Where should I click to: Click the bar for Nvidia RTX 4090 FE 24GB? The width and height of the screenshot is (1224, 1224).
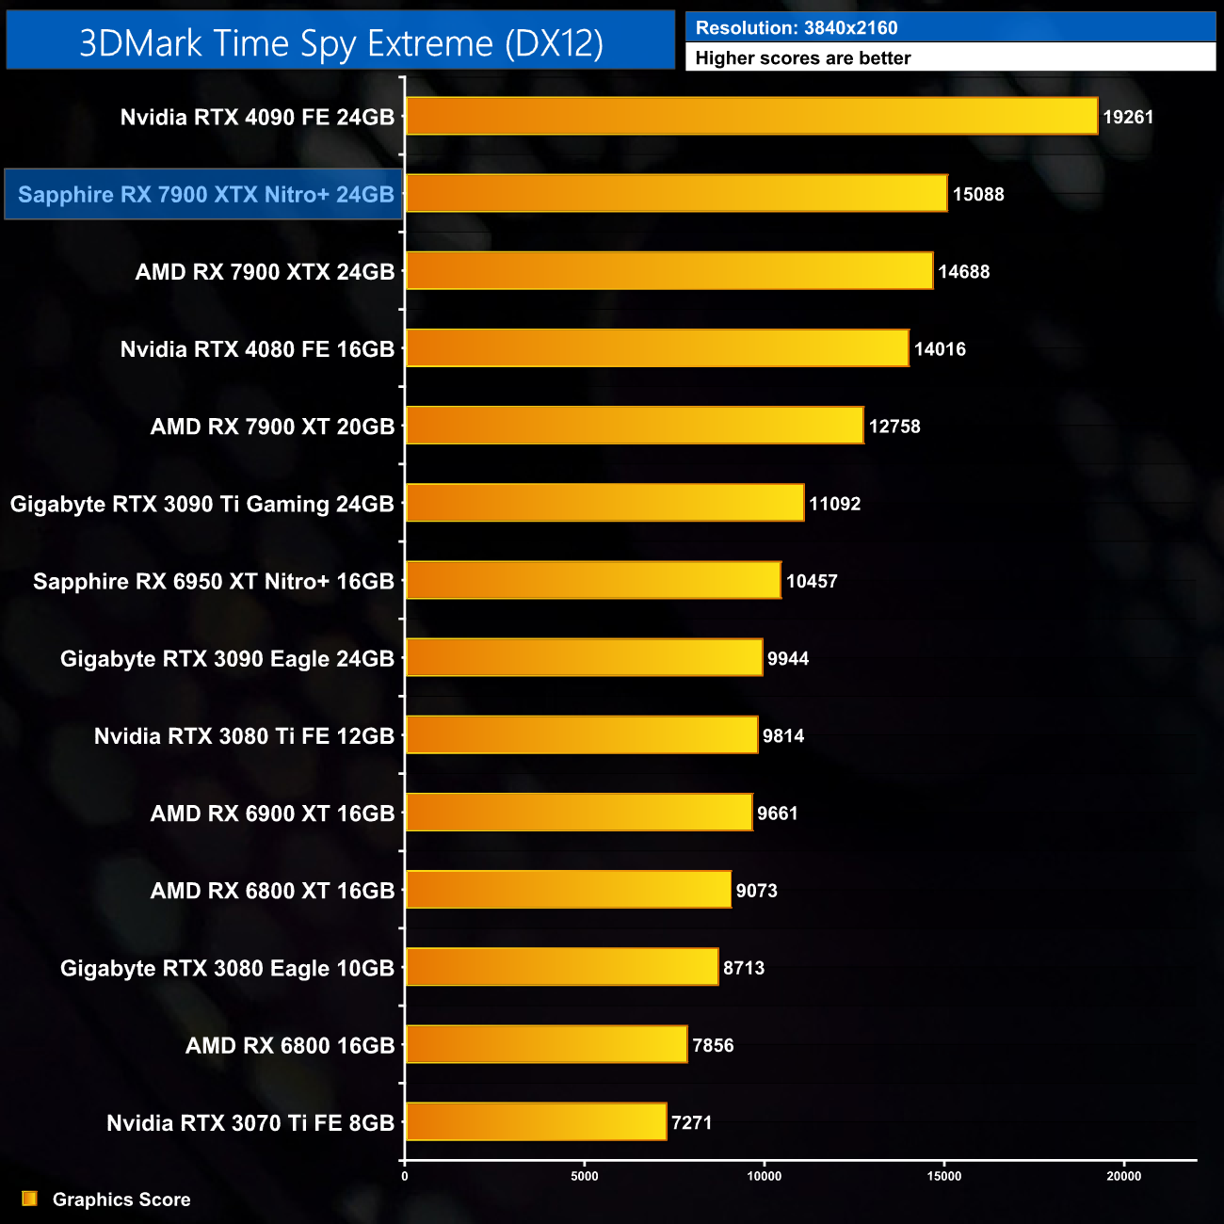coord(751,117)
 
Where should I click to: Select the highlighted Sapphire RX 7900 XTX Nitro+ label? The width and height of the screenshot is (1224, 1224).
coord(205,195)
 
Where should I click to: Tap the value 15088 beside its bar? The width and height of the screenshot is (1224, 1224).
coord(978,195)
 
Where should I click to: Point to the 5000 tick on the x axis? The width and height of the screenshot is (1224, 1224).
coord(585,1176)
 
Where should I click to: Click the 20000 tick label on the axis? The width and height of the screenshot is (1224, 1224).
coord(1123,1176)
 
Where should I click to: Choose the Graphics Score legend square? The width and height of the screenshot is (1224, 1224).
coord(30,1199)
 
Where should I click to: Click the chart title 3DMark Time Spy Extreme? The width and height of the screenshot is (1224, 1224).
coord(341,43)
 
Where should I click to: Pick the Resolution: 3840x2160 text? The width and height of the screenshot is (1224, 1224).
coord(797,28)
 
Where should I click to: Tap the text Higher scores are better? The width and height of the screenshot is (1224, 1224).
coord(803,58)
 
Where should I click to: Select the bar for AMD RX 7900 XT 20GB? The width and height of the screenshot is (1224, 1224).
coord(635,426)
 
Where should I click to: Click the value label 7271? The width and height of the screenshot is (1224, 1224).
coord(691,1122)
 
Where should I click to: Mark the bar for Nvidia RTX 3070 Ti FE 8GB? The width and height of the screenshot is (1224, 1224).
coord(536,1121)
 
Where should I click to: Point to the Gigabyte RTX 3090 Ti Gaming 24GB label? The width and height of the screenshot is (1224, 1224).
coord(201,504)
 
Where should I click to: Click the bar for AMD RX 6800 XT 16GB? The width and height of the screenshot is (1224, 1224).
coord(568,890)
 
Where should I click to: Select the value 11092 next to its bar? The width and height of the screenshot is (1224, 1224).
coord(834,504)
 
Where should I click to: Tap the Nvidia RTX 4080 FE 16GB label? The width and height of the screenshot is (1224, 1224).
coord(257,349)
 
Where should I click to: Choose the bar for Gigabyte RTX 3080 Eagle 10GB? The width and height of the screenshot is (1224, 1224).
coord(562,967)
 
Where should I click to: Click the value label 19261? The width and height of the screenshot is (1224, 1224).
coord(1128,118)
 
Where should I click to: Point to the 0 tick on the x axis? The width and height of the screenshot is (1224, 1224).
coord(405,1176)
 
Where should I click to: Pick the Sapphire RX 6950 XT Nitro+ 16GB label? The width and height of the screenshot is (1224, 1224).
coord(213,581)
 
